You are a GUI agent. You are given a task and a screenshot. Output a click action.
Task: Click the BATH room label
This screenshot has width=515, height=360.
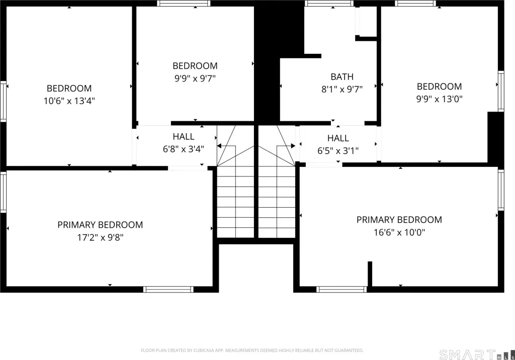click(342, 76)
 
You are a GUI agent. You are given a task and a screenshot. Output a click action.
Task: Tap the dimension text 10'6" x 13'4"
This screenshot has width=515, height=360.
click(69, 101)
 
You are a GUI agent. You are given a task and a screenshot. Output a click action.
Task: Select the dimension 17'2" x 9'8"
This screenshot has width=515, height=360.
click(100, 237)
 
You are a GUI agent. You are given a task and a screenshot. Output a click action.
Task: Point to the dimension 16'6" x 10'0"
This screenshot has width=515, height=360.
click(399, 232)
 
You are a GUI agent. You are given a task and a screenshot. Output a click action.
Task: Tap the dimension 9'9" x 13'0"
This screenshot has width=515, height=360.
click(439, 99)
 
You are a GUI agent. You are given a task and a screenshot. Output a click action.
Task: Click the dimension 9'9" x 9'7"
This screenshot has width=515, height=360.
click(195, 78)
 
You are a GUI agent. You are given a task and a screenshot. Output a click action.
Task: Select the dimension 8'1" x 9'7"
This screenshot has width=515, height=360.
click(342, 89)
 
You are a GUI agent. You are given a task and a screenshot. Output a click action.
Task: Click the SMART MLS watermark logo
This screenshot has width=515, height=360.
click(477, 355)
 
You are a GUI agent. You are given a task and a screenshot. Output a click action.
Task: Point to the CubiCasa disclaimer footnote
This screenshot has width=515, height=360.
click(252, 350)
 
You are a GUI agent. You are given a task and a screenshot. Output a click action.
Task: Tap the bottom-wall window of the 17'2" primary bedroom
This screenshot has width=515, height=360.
click(168, 290)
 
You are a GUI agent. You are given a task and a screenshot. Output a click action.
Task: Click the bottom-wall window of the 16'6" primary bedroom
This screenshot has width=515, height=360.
click(341, 290)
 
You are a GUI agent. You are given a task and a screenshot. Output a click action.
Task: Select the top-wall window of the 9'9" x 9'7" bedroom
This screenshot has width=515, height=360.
click(184, 4)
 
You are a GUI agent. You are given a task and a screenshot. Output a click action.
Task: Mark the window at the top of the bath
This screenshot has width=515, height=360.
click(329, 4)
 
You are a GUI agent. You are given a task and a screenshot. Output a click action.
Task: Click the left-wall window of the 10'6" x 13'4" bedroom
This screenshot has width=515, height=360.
click(4, 102)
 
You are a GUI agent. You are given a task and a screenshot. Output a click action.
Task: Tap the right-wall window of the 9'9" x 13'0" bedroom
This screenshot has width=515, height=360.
click(501, 92)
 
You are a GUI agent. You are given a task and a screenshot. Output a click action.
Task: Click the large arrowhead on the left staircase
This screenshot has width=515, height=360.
click(219, 146)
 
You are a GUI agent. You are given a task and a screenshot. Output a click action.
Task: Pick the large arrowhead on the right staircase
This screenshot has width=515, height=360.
click(293, 146)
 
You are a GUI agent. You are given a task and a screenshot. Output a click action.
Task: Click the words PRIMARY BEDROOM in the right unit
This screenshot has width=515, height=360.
click(399, 219)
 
